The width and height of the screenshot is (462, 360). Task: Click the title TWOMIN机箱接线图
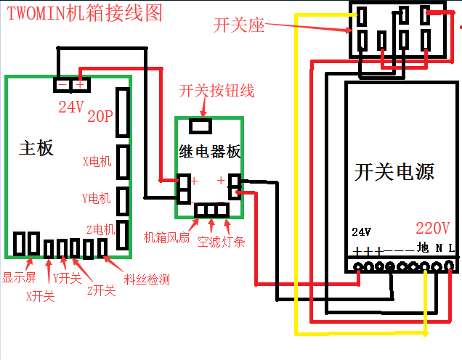click(x=84, y=13)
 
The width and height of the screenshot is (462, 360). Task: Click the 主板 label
click(x=36, y=148)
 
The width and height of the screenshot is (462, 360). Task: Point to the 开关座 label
click(x=240, y=26)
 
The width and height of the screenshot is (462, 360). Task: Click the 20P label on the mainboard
click(x=101, y=115)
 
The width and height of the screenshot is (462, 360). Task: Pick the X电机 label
click(x=97, y=161)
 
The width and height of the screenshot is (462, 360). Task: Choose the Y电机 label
click(x=97, y=197)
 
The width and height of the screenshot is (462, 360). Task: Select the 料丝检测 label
click(x=147, y=279)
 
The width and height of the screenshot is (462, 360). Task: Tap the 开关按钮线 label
click(x=216, y=91)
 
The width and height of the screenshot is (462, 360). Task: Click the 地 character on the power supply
click(x=423, y=247)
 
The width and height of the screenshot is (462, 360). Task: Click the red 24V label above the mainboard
click(x=71, y=107)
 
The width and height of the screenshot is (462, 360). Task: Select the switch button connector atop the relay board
click(x=200, y=126)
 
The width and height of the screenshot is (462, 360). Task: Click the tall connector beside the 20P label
click(x=123, y=112)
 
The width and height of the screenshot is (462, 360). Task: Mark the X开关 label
click(x=40, y=295)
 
